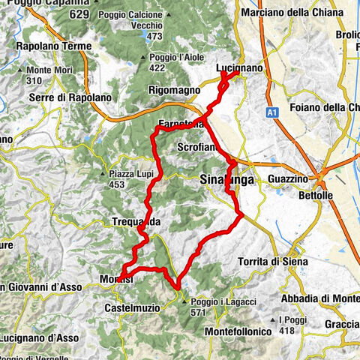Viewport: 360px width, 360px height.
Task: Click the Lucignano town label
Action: [238, 68]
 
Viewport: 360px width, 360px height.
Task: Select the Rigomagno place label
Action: [175, 90]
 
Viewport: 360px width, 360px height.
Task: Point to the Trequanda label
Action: [135, 222]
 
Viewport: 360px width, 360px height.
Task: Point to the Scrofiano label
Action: [198, 148]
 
